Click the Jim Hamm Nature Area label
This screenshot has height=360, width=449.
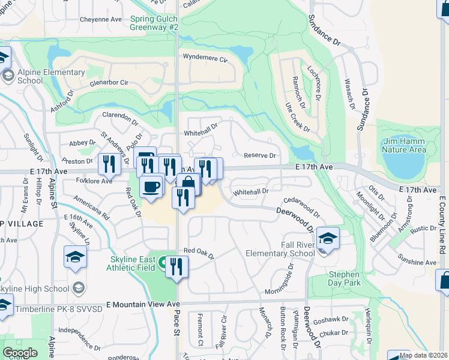pyautogui.click(x=404, y=145)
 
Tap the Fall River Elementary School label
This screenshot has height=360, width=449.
pyautogui.click(x=280, y=248)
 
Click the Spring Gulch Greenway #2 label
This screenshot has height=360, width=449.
pyautogui.click(x=154, y=23)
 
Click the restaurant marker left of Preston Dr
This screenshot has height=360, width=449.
pyautogui.click(x=109, y=163)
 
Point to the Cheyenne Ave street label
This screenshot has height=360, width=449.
pyautogui.click(x=101, y=19)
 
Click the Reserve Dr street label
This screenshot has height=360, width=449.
pyautogui.click(x=259, y=155)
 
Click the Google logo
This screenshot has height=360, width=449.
pyautogui.click(x=20, y=353)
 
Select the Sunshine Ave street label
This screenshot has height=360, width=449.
pyautogui.click(x=417, y=262)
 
